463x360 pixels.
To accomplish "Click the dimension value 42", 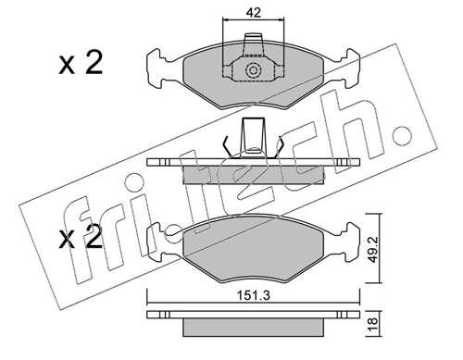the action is coord(254,13).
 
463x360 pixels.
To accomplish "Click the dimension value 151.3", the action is coord(253,296).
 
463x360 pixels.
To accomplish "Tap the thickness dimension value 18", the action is coord(373,324).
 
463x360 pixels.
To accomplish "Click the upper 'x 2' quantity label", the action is coord(81,64).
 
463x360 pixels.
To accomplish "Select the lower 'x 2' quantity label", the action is coord(81,237).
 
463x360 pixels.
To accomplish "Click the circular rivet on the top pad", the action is coord(253,70).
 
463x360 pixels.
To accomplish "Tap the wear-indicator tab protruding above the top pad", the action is coord(253,44).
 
